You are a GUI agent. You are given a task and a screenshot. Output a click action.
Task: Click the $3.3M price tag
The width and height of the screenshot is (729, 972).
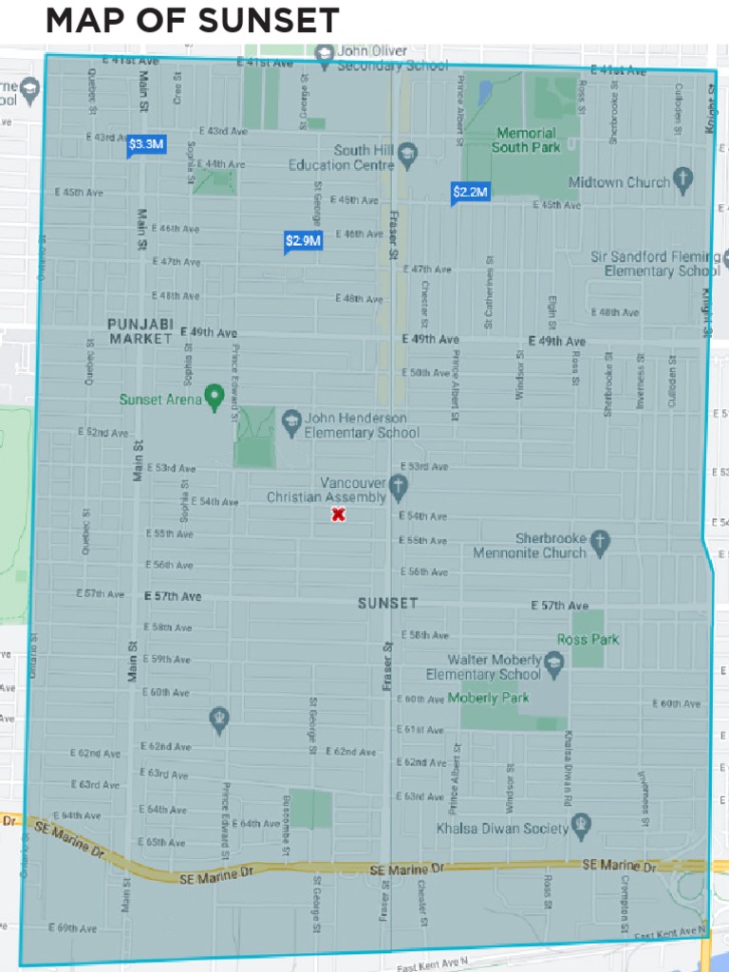pyautogui.click(x=146, y=144)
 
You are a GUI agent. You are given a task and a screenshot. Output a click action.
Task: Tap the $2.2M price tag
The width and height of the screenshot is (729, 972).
pyautogui.click(x=470, y=193)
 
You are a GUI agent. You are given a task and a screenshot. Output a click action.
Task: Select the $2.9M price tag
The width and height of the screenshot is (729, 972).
pyautogui.click(x=303, y=241)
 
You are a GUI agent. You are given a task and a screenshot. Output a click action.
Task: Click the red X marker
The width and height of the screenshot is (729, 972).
pyautogui.click(x=338, y=514)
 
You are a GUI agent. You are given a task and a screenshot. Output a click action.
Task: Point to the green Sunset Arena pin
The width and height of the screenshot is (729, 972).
pyautogui.click(x=214, y=396)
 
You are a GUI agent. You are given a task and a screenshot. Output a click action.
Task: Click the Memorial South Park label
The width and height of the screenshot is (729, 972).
pyautogui.click(x=526, y=140)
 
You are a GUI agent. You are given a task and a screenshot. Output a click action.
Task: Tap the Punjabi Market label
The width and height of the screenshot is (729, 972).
pyautogui.click(x=140, y=330)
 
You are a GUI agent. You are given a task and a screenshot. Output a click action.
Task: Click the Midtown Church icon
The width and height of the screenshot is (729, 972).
pyautogui.click(x=683, y=180)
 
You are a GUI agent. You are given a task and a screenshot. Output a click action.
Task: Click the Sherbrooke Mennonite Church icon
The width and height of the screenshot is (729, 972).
pyautogui.click(x=600, y=542)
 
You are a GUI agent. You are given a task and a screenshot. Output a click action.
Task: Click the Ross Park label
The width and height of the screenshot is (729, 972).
pyautogui.click(x=588, y=639)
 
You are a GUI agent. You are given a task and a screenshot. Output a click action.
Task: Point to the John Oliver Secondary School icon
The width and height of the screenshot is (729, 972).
pyautogui.click(x=325, y=53)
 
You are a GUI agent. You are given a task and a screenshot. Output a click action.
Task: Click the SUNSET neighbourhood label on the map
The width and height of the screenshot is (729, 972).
pyautogui.click(x=387, y=603)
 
